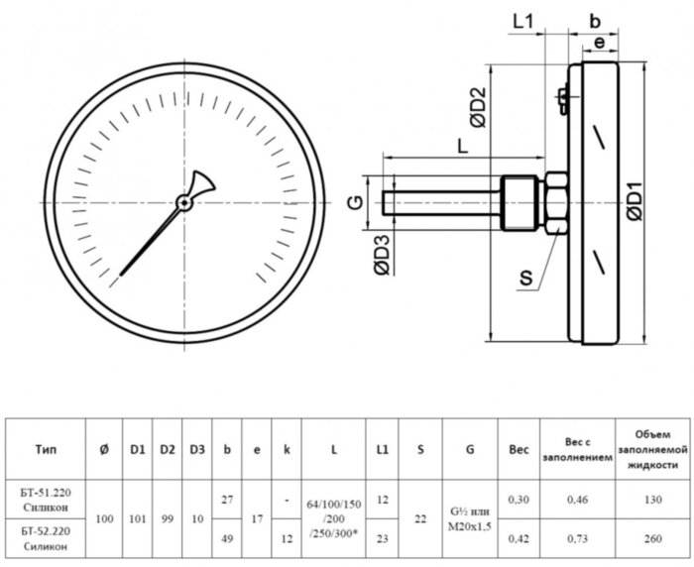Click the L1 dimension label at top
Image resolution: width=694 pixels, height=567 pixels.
(524, 21)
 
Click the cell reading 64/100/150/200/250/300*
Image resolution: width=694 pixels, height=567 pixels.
(333, 519)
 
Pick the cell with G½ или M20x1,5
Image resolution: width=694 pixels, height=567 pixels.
(469, 519)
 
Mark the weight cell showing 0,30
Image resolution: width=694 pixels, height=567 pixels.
(518, 501)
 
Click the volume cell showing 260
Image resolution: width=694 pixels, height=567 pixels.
(651, 538)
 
